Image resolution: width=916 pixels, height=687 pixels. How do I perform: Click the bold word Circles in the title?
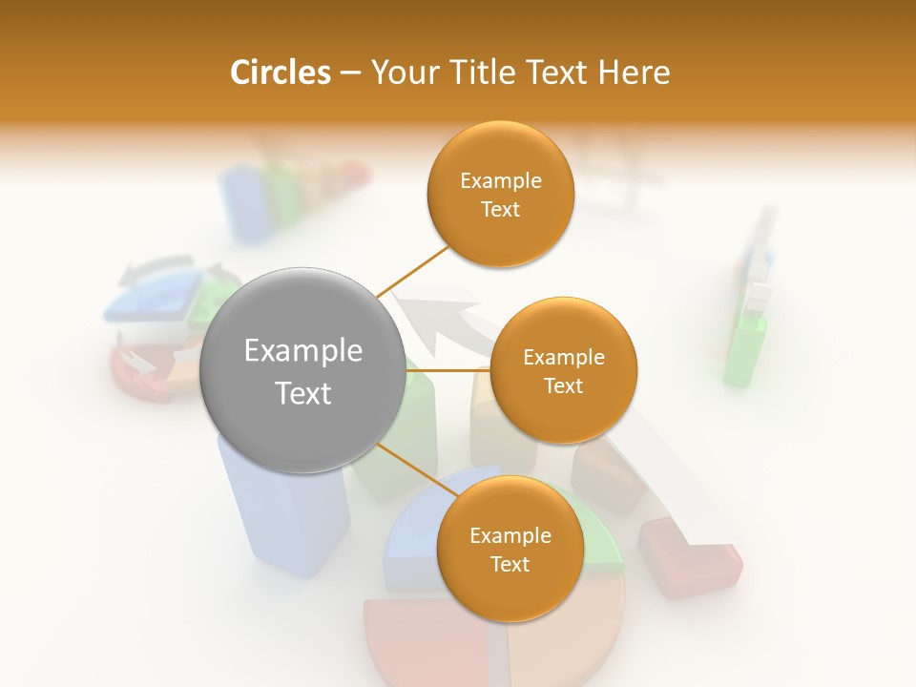280,73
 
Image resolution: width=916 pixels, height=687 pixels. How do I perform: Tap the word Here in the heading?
634,73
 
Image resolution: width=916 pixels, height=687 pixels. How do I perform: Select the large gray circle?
302,370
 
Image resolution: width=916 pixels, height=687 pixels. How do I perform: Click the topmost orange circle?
500,194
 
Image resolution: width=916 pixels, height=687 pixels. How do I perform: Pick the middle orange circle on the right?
563,370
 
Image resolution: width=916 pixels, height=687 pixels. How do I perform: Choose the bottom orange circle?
510,549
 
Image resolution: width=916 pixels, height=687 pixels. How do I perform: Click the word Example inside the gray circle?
302,350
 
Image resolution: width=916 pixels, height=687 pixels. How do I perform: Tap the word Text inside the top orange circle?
500,209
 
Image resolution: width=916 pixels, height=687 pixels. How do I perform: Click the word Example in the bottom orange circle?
510,535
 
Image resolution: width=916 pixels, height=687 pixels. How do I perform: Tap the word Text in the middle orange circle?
563,385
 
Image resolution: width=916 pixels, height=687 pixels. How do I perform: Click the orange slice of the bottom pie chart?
563,639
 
